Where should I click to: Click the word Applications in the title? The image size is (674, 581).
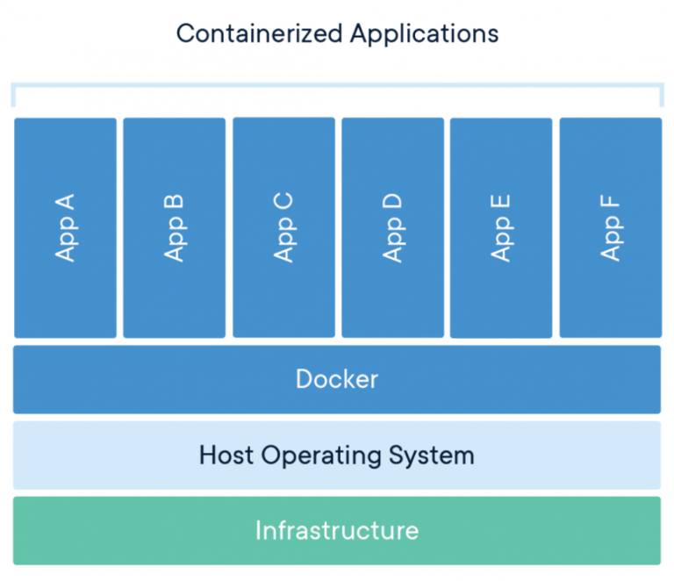pos(425,35)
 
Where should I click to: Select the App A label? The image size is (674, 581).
pos(65,227)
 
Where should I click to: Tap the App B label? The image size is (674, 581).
pos(174,227)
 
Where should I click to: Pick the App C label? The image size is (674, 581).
pos(283,227)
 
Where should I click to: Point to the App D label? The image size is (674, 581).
pos(392,227)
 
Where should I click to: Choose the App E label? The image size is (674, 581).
pos(501,227)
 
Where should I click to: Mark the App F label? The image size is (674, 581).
pos(611,227)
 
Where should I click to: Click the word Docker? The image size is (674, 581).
pos(337,379)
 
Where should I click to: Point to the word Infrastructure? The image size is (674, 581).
pos(337,531)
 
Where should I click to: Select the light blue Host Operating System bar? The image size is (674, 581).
pos(105,455)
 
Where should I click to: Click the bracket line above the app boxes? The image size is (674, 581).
pos(337,85)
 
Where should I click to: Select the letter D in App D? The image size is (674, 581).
pos(392,203)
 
